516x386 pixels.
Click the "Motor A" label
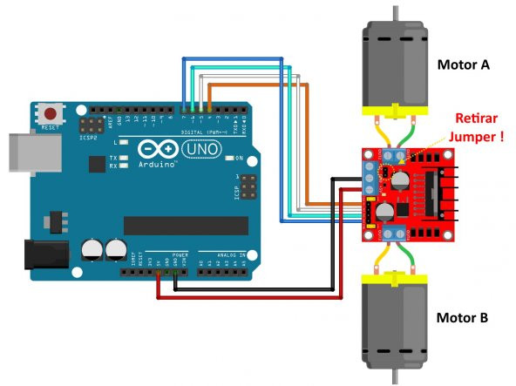point(463,64)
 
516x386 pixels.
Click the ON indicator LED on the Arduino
point(227,159)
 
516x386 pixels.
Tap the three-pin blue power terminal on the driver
point(370,179)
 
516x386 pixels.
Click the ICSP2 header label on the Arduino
point(87,137)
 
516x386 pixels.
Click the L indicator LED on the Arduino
point(126,142)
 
